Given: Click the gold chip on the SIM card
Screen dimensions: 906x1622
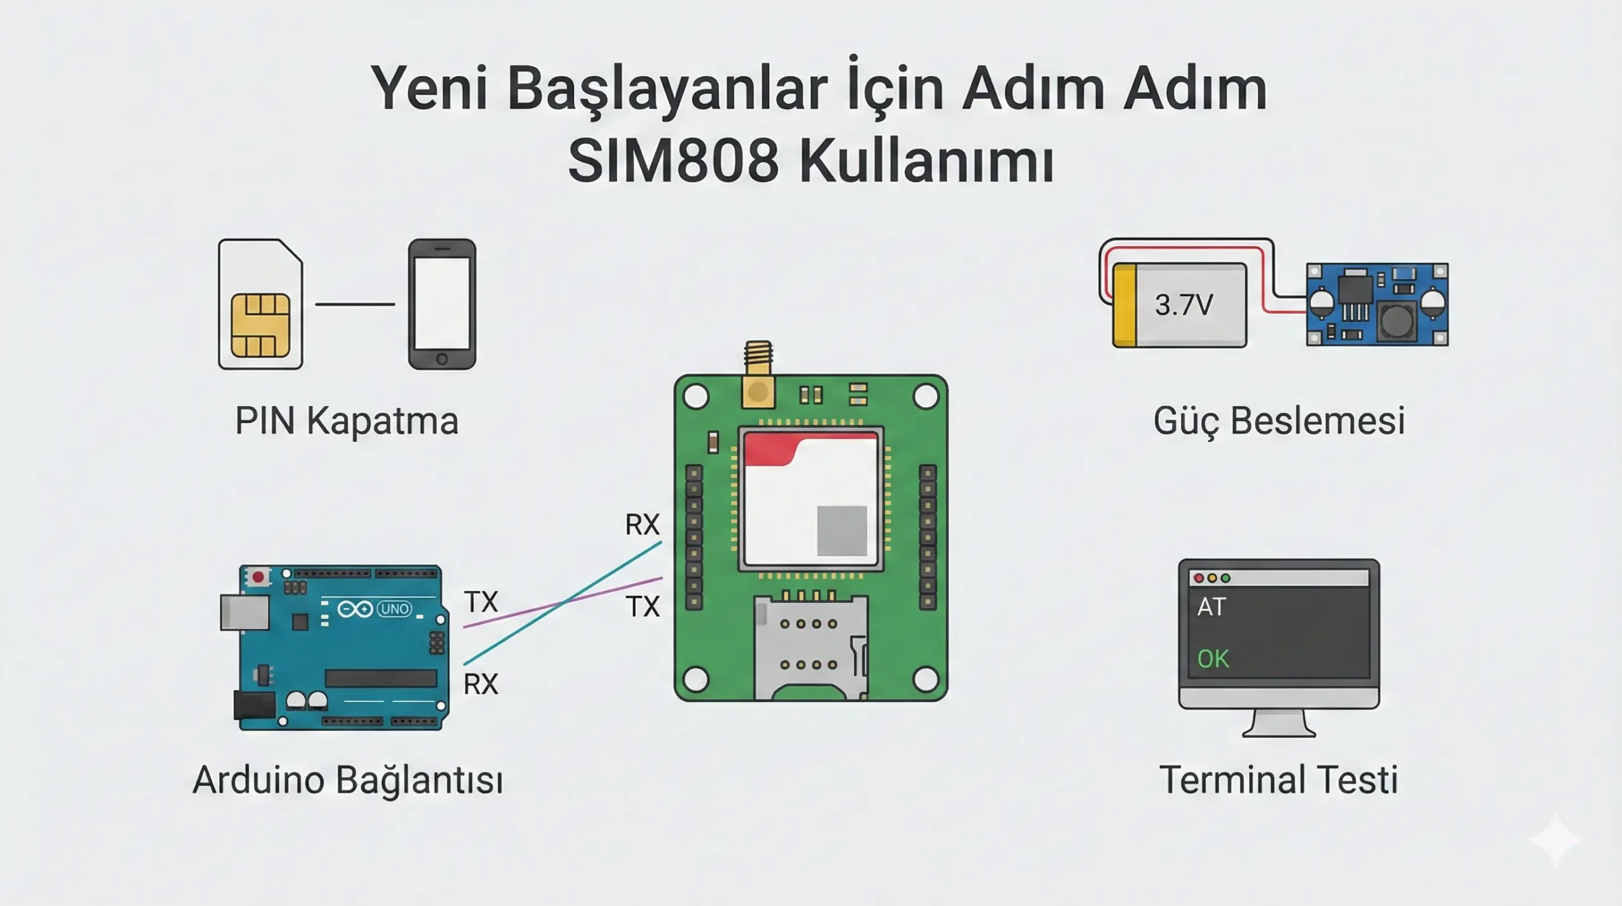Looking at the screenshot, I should tap(260, 325).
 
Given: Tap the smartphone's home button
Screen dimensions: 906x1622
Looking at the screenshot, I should tap(442, 359).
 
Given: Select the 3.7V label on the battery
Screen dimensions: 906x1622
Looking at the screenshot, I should tap(1184, 305).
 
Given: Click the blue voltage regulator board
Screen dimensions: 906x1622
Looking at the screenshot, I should tap(1377, 305).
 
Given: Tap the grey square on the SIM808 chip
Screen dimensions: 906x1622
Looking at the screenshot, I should tap(841, 530).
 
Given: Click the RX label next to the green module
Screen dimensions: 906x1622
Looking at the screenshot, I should tap(642, 525).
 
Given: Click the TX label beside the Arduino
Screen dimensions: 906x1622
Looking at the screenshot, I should tap(481, 602).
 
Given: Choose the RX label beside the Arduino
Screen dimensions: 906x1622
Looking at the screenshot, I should tap(481, 685).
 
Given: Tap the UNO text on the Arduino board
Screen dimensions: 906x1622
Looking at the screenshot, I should tap(394, 609).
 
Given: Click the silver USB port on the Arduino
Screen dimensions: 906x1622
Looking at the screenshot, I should tap(244, 612).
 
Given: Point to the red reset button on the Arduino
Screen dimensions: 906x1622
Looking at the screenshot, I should tap(258, 577).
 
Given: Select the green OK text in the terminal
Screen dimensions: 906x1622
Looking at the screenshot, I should tap(1213, 659).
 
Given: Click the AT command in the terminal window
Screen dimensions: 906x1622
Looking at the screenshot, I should tap(1211, 607).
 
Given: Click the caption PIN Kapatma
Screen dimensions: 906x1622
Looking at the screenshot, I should tap(347, 421).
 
